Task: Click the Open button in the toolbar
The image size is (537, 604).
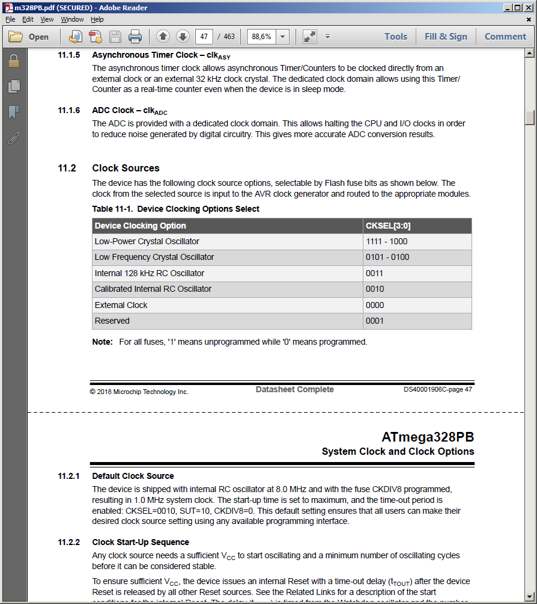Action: pos(29,37)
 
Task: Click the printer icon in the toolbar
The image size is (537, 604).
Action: pos(135,37)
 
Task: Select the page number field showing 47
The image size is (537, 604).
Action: pos(204,37)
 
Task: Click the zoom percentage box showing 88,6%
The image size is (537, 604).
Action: pos(261,37)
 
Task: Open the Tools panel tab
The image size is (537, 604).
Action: pos(396,37)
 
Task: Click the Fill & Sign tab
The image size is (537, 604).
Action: pos(446,37)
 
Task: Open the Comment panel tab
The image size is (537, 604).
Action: pos(505,37)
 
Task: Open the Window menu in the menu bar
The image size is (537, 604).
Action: pos(72,19)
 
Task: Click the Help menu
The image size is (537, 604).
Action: pos(97,19)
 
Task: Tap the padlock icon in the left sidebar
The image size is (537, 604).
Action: pos(13,61)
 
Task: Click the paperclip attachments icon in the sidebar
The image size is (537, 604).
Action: pos(13,138)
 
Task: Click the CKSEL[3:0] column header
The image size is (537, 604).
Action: pos(388,226)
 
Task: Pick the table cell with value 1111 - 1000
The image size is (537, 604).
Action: pos(386,242)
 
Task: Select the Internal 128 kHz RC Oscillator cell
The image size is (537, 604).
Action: pos(149,274)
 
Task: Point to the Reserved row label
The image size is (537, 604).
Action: pos(112,321)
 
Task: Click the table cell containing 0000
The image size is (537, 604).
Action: pos(375,306)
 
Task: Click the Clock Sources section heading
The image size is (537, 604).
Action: pos(126,168)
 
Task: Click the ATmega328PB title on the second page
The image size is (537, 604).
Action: pos(427,437)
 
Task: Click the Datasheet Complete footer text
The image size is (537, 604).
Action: pos(294,390)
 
